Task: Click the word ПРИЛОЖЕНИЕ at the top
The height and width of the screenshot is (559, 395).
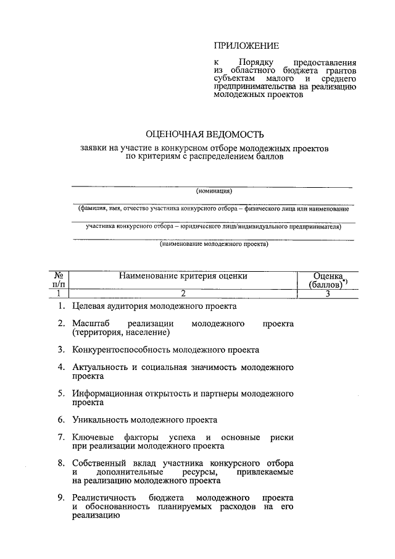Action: point(246,46)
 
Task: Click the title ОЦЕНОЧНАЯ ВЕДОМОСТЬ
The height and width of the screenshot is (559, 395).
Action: point(204,134)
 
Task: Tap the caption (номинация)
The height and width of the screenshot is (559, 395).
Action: point(214,191)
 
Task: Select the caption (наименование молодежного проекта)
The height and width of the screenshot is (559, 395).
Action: point(214,244)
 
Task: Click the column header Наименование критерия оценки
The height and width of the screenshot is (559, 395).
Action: point(183,276)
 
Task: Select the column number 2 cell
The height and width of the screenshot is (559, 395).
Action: point(183,294)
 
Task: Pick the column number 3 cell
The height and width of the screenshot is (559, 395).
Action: point(328,294)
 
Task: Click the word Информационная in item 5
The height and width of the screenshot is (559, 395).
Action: point(107,393)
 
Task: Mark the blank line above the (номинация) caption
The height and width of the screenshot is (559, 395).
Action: point(214,185)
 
